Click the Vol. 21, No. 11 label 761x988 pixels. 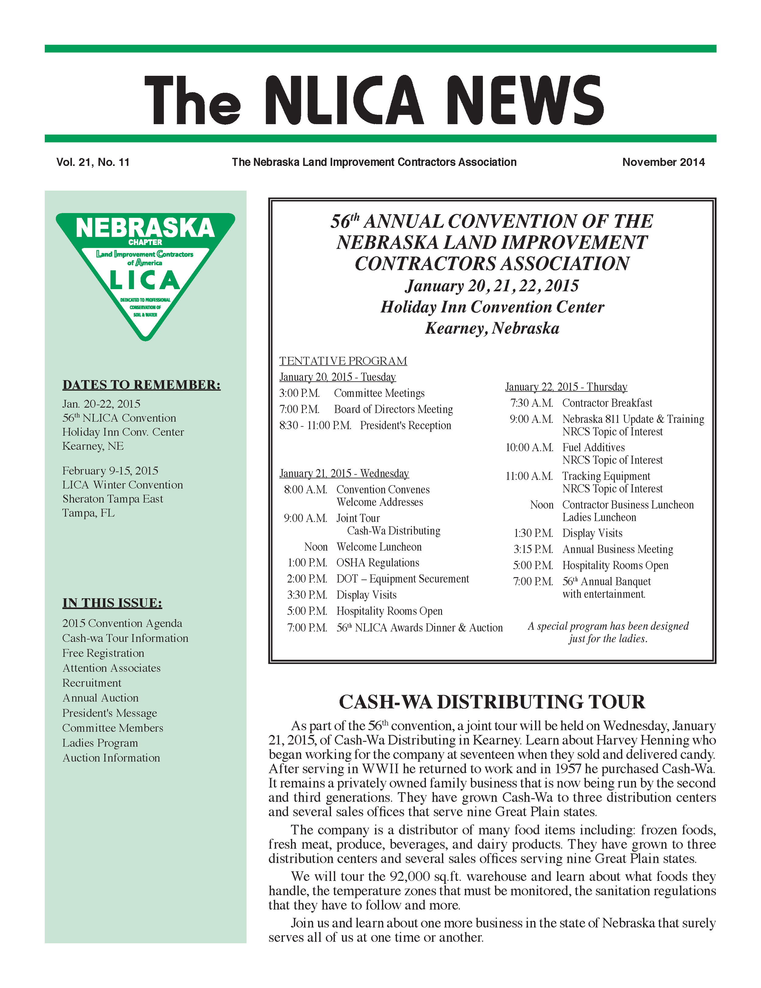[93, 163]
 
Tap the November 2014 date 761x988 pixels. [663, 163]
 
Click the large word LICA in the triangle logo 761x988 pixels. [145, 280]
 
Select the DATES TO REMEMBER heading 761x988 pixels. [141, 385]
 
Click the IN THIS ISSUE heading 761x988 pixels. [112, 603]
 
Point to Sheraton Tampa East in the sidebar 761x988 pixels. [113, 499]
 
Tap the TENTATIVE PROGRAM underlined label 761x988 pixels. [343, 361]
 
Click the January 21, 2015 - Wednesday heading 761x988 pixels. [344, 474]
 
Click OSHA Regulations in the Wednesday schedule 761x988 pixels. [377, 563]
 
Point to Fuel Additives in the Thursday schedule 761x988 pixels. [593, 448]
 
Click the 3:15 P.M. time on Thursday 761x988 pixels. [533, 550]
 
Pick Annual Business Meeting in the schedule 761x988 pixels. [618, 550]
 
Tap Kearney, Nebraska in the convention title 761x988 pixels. [492, 328]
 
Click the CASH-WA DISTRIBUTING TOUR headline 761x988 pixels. [492, 702]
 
